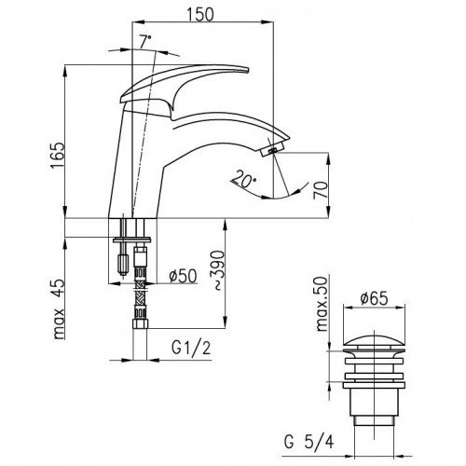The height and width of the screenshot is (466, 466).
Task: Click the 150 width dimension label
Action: click(x=200, y=14)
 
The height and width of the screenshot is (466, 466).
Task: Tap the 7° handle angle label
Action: click(x=145, y=42)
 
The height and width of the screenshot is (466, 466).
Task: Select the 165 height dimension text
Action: click(x=57, y=156)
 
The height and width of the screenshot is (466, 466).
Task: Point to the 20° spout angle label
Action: click(x=244, y=179)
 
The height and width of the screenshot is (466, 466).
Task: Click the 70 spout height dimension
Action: click(x=321, y=190)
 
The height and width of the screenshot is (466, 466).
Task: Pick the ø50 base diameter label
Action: click(x=183, y=275)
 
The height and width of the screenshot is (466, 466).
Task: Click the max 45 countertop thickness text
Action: click(x=58, y=309)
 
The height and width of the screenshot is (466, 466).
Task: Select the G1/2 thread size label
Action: click(x=191, y=348)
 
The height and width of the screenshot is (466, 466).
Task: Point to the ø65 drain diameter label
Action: click(x=374, y=298)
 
